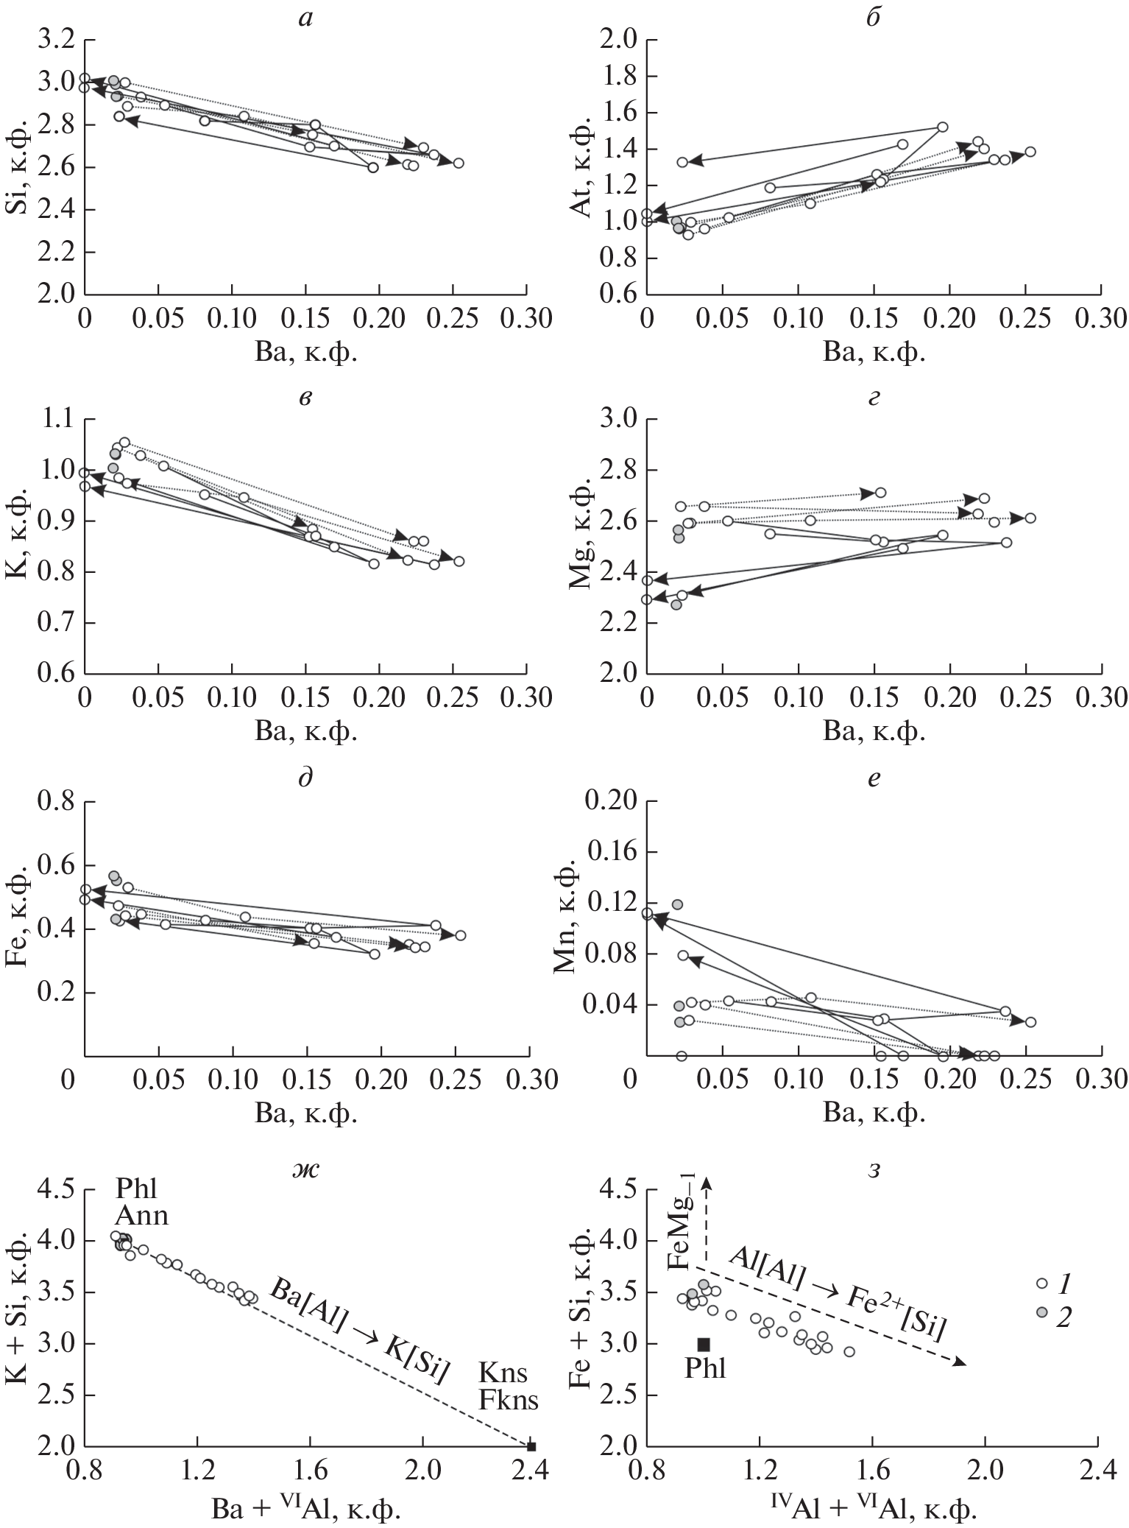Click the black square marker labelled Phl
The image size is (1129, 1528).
pos(703,1344)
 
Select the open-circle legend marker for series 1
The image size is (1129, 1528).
pos(1041,1283)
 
